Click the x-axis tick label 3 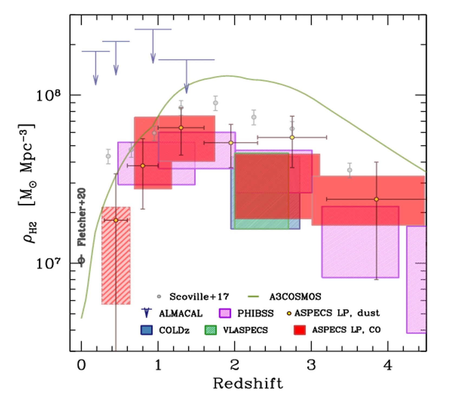click(x=311, y=365)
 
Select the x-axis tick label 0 click(x=81, y=365)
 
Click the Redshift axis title click(x=248, y=384)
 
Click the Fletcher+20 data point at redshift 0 click(x=81, y=260)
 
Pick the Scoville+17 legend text click(x=199, y=297)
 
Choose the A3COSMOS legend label click(x=295, y=297)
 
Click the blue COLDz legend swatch click(x=146, y=330)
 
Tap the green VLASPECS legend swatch click(x=211, y=330)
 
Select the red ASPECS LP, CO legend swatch click(x=300, y=330)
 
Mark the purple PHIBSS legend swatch click(x=225, y=313)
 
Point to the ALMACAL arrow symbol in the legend click(x=146, y=313)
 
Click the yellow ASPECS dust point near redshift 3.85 click(x=376, y=199)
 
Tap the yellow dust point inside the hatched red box click(x=116, y=220)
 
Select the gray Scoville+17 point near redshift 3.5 click(x=350, y=170)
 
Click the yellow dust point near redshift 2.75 click(x=292, y=137)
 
